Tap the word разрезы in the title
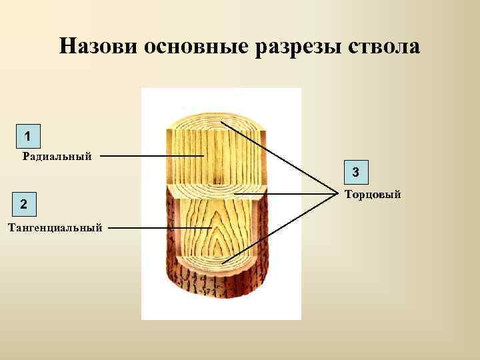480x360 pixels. [289, 47]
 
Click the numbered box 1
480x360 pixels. [27, 137]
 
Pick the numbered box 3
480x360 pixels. [356, 173]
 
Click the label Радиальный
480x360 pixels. [57, 157]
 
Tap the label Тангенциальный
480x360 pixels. [55, 228]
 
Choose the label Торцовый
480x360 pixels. [373, 195]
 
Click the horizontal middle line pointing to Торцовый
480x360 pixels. [287, 194]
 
